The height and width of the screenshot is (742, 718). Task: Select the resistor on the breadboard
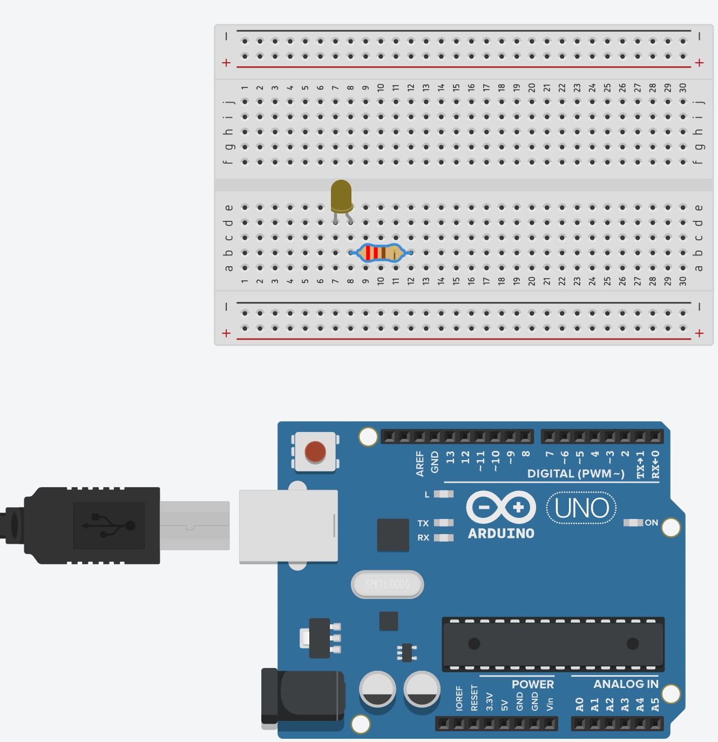[381, 253]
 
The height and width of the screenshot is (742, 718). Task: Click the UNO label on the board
[581, 508]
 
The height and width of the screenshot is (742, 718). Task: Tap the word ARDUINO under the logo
[501, 534]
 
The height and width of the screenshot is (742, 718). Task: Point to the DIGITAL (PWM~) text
[575, 474]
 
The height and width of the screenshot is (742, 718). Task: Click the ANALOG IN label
[626, 684]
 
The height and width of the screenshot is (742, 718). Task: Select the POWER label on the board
[532, 684]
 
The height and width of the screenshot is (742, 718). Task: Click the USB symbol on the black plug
[109, 525]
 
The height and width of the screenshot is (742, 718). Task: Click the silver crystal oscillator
[388, 584]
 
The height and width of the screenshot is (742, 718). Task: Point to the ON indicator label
[651, 523]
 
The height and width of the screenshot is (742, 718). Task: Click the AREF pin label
[420, 464]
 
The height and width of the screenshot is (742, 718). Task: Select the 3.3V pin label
[490, 701]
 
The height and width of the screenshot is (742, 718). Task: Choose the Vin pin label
[550, 704]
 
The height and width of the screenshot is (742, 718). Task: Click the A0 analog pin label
[580, 704]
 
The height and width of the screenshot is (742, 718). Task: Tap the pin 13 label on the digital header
[450, 458]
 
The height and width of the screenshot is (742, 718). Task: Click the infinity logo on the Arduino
[501, 508]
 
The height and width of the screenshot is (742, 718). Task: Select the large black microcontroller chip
[553, 644]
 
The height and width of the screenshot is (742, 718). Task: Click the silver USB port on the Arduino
[288, 525]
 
